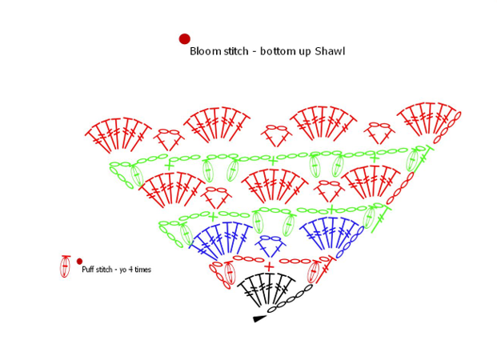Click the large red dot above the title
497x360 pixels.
point(184,38)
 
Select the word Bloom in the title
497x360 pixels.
point(204,51)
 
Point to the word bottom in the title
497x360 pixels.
point(275,51)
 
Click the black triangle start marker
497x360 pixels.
point(259,318)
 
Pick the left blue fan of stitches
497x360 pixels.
point(222,238)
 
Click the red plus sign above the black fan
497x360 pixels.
point(270,266)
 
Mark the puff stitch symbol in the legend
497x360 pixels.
point(65,266)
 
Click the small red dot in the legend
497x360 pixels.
point(79,261)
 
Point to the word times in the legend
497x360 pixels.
point(142,270)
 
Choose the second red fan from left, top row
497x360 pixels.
point(216,124)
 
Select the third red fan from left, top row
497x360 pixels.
point(322,123)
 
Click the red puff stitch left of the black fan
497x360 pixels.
point(230,273)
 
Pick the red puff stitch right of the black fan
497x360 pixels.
point(314,271)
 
